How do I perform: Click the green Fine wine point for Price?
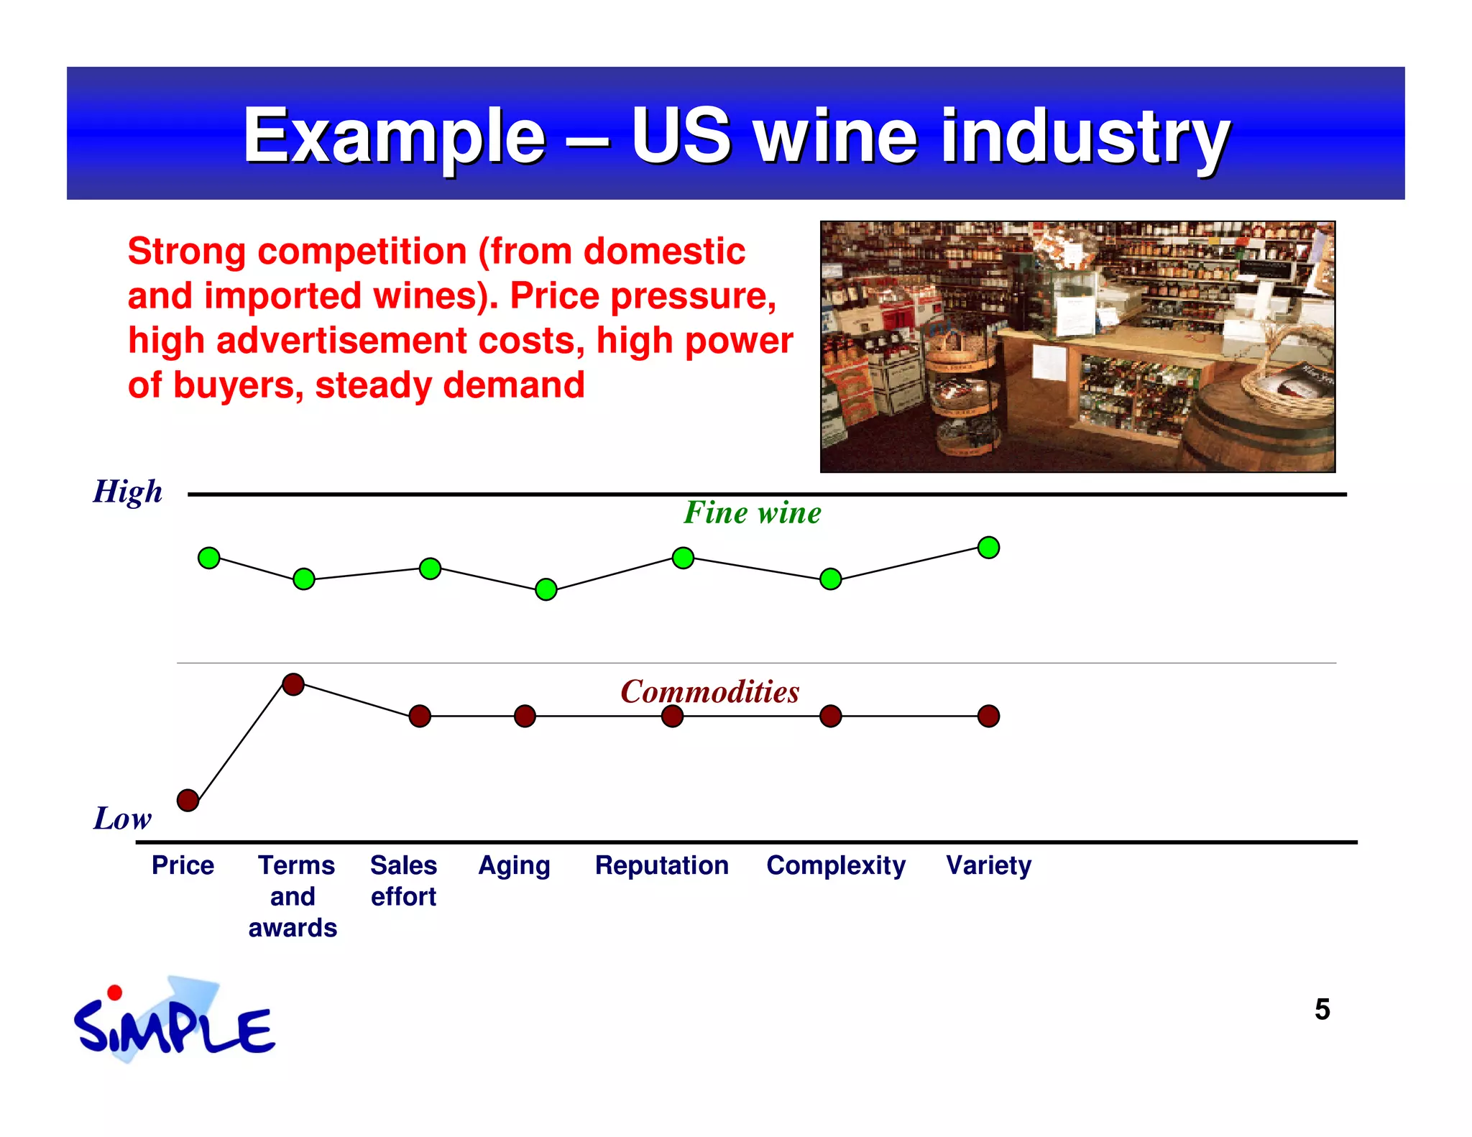coord(208,558)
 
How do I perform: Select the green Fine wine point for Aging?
coord(546,589)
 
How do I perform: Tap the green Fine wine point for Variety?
coord(989,548)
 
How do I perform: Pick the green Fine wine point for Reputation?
coord(683,558)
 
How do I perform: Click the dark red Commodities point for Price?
coord(188,800)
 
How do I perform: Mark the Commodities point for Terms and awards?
coord(293,684)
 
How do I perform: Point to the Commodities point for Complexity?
coord(831,716)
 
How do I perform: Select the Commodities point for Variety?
coord(989,716)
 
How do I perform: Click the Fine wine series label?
coord(752,513)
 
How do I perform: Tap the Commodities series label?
coord(709,691)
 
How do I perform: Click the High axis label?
coord(128,492)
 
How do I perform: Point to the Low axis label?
coord(122,819)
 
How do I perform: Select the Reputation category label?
coord(662,865)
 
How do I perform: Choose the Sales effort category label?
coord(403,880)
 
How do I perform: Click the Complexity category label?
coord(836,865)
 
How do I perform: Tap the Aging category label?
coord(515,865)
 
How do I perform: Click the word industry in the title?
coord(1085,137)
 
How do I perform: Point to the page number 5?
coord(1322,1010)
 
